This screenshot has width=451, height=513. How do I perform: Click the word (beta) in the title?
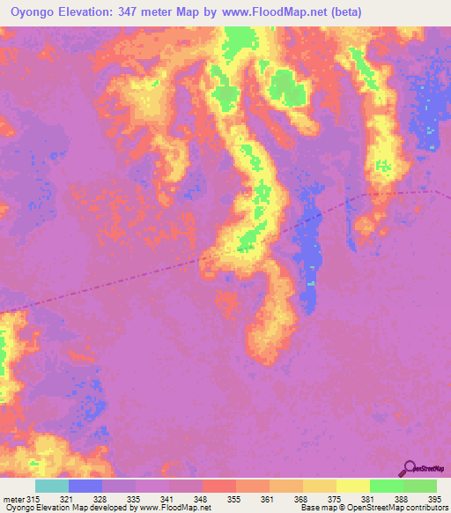click(x=342, y=13)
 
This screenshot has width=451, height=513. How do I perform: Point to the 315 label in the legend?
click(x=33, y=500)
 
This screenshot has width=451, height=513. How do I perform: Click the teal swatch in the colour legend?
click(x=52, y=486)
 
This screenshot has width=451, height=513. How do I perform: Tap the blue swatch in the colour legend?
click(x=85, y=486)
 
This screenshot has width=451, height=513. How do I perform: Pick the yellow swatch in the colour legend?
click(x=353, y=486)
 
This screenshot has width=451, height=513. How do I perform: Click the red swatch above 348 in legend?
click(x=219, y=486)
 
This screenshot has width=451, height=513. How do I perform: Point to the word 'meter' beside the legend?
click(x=13, y=500)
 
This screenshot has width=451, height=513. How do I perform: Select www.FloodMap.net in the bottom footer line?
click(x=174, y=509)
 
